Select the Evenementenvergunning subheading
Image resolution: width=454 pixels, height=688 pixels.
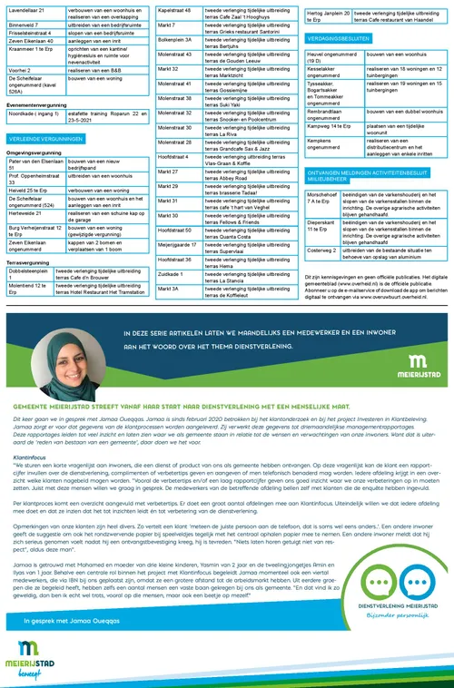(37, 104)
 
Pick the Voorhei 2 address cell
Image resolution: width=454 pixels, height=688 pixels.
(19, 69)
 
